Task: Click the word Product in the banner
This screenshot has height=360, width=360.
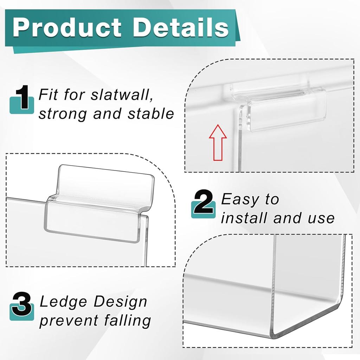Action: click(x=67, y=27)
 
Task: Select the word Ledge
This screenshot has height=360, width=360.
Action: click(x=58, y=302)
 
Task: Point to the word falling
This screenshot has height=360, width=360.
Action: click(x=127, y=321)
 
